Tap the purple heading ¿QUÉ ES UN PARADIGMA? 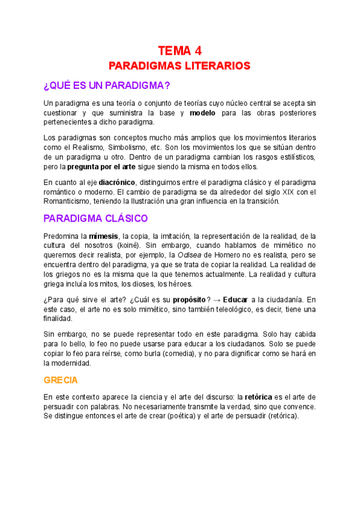click(107, 85)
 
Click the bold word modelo click(203, 113)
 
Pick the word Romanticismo click(69, 202)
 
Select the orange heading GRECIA click(61, 381)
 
